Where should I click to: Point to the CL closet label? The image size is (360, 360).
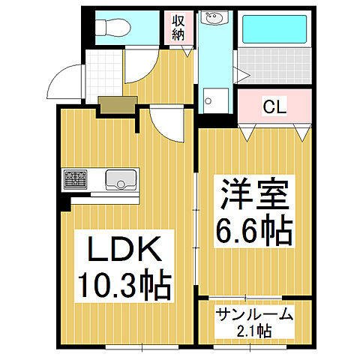coord(272,106)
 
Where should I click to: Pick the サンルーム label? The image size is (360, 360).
coord(253,315)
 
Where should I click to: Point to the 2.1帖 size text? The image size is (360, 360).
coord(253,331)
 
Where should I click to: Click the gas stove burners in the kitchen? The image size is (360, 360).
coord(75,179)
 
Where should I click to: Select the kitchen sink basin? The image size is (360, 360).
coord(119,179)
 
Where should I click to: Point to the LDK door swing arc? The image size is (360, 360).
coord(166,124)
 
